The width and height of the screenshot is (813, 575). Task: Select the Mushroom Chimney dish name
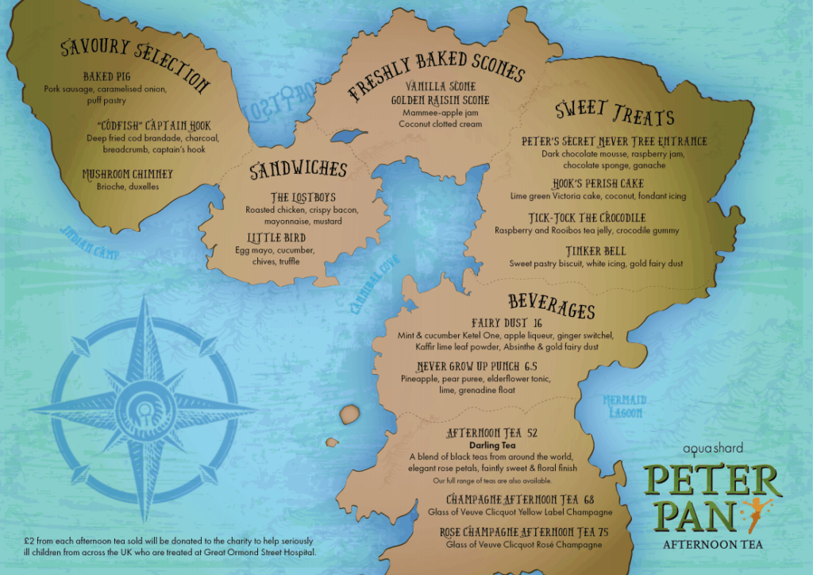127,174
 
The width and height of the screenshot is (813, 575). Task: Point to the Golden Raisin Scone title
440,101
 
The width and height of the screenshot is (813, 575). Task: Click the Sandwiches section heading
298,170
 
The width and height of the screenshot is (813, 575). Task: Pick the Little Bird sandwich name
280,237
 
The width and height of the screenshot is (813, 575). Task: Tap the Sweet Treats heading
615,114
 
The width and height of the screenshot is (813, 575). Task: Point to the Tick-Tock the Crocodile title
587,218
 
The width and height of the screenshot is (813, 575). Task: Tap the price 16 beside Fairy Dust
538,323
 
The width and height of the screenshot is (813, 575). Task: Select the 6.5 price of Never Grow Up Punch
531,366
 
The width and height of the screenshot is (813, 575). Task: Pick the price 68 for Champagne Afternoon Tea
588,500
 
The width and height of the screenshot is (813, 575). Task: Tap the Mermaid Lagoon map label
624,404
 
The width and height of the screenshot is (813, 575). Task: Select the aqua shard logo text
707,449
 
